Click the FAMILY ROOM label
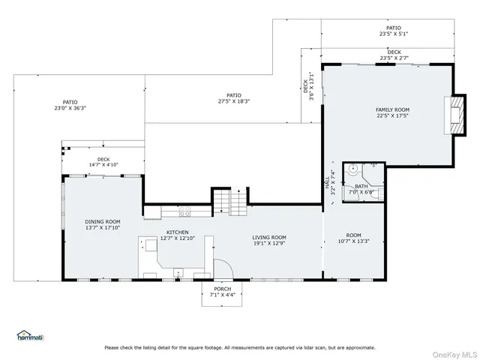pos(392,109)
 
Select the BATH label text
pos(361,186)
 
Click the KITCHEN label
pos(177,232)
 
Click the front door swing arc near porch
pos(222,268)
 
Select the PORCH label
pos(222,289)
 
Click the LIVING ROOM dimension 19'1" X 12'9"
pos(268,241)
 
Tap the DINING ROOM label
pos(103,221)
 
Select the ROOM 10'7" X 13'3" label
pos(353,238)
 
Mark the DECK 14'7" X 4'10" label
pos(103,161)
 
